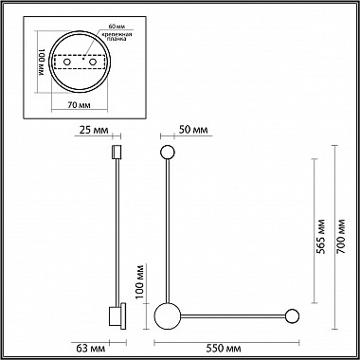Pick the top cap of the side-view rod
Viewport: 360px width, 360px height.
coord(116,152)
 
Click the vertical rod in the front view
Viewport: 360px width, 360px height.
coord(167,227)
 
